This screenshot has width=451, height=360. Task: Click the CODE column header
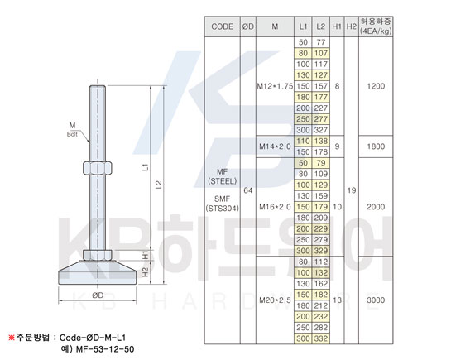(222, 26)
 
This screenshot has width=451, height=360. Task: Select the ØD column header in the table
(248, 26)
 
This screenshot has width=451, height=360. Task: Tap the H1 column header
(337, 26)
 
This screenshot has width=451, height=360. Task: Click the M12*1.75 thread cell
(275, 86)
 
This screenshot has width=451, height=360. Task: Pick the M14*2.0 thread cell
(275, 146)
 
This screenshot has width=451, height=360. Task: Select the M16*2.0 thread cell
(275, 207)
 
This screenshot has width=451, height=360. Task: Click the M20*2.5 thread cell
(275, 300)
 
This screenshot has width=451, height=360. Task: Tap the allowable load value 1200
(376, 86)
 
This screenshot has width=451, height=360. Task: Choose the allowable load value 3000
(376, 300)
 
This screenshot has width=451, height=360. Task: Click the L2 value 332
(321, 338)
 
